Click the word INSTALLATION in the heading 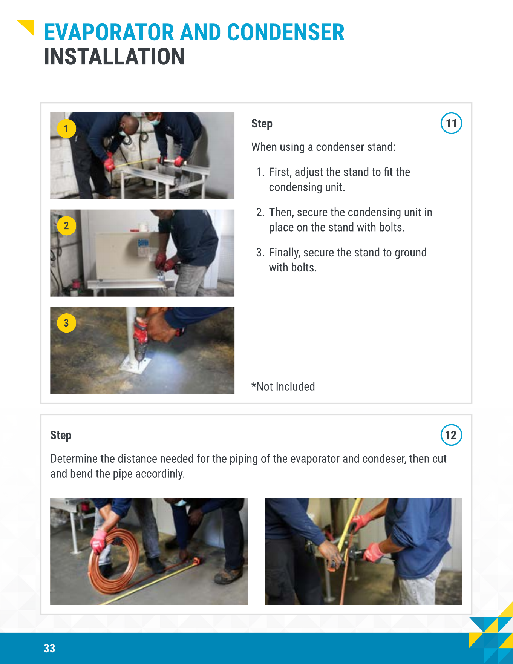(x=114, y=57)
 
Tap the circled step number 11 (x=451, y=123)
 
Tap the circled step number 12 (x=451, y=435)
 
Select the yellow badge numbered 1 (x=66, y=129)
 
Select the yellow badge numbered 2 (x=66, y=226)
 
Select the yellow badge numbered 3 (x=66, y=323)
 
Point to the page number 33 (x=49, y=648)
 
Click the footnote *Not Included (x=283, y=386)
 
